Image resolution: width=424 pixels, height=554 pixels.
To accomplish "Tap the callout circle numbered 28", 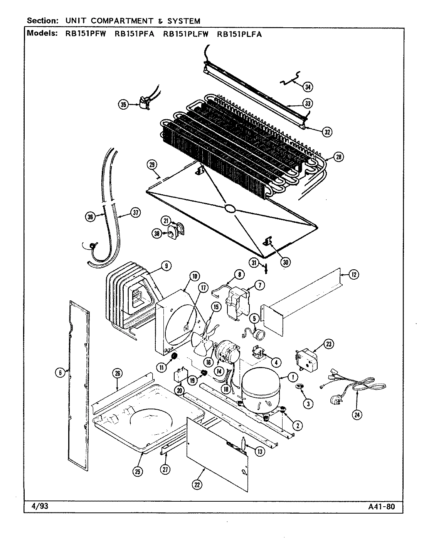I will pyautogui.click(x=338, y=157).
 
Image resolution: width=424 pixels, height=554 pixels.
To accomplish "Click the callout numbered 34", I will pyautogui.click(x=308, y=87).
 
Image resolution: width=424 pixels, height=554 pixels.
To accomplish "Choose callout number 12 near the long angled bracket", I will pyautogui.click(x=354, y=275).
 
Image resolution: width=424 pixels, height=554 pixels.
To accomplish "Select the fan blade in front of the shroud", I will pyautogui.click(x=204, y=341).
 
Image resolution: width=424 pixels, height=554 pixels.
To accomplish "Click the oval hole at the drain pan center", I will pyautogui.click(x=230, y=209).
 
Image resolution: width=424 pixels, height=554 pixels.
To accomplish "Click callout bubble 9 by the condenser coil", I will pyautogui.click(x=166, y=266).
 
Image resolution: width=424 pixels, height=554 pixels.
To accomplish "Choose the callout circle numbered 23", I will pyautogui.click(x=328, y=344).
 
